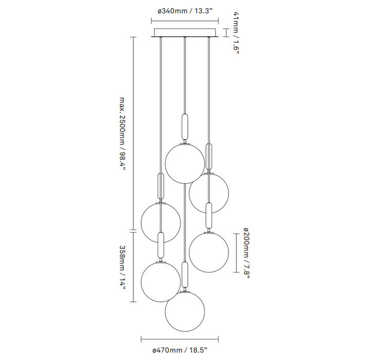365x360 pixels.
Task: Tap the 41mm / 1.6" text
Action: (236, 33)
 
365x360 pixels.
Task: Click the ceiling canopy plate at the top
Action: (184, 33)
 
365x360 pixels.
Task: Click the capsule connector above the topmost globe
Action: (185, 125)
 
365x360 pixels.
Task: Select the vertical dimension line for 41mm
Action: (225, 33)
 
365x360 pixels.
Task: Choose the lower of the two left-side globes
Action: (161, 281)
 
